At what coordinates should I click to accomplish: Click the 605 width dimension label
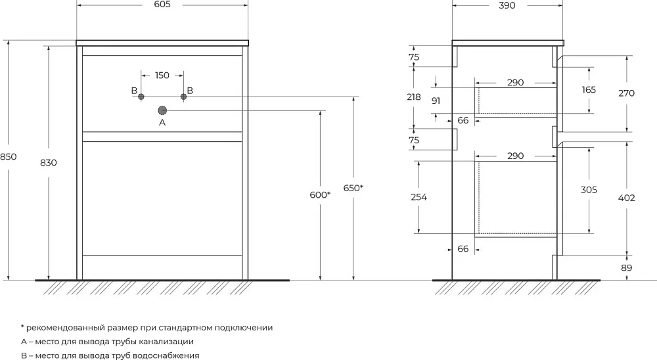pos(162,4)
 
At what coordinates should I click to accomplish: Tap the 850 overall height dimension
pos(8,157)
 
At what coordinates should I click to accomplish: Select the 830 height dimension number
pos(49,163)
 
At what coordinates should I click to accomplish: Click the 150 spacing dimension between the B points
pos(162,76)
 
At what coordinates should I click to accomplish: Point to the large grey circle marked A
pos(162,110)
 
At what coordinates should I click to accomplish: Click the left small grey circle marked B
pos(141,97)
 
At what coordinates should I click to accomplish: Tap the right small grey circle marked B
pos(183,97)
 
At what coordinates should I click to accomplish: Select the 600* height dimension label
pos(320,195)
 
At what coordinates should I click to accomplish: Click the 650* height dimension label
pos(353,188)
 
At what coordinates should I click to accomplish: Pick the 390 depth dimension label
pos(507,5)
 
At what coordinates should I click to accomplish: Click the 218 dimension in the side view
pos(414,97)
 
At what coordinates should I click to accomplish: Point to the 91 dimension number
pos(436,101)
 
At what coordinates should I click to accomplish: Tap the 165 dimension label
pos(589,90)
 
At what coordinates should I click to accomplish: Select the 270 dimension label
pos(626,93)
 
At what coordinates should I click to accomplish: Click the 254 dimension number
pos(419,197)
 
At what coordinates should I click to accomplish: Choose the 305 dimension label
pos(589,190)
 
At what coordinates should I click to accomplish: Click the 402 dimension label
pos(626,198)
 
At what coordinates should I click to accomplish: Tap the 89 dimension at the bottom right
pos(626,268)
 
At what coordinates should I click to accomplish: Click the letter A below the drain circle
pos(162,123)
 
